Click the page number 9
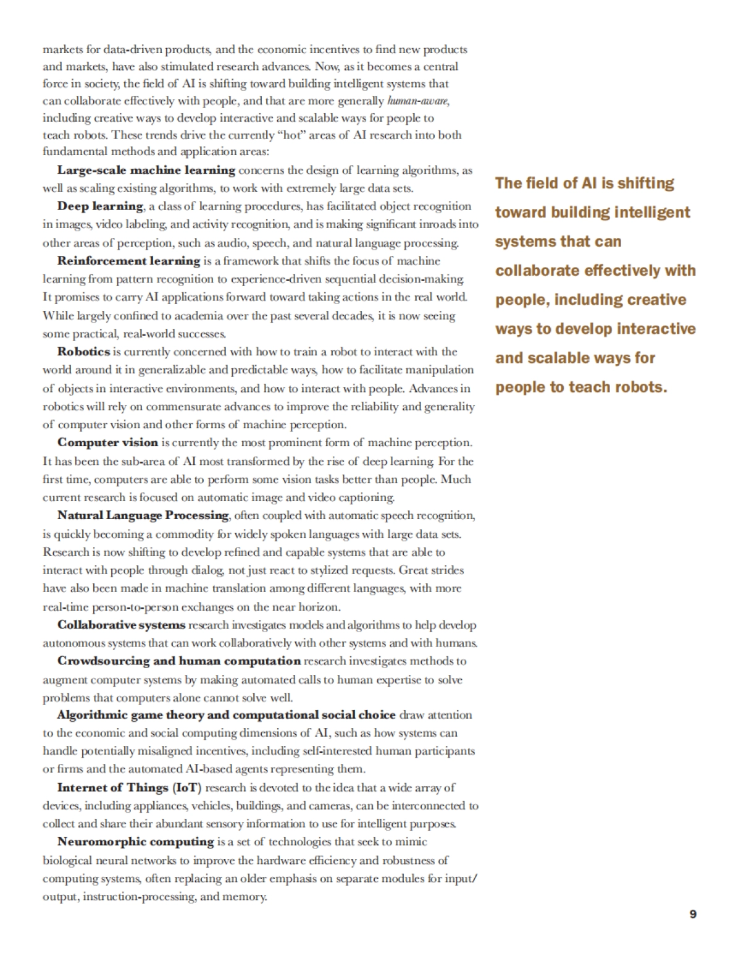(x=693, y=914)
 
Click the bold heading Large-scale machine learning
(x=146, y=170)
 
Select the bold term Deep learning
(x=100, y=206)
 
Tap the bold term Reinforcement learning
(x=129, y=261)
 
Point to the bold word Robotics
(x=83, y=352)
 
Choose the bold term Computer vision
(x=107, y=442)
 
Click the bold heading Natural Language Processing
(x=143, y=515)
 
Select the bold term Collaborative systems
(x=121, y=625)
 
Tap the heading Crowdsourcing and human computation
(x=179, y=661)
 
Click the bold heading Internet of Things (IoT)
(x=130, y=787)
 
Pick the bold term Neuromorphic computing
(x=136, y=842)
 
